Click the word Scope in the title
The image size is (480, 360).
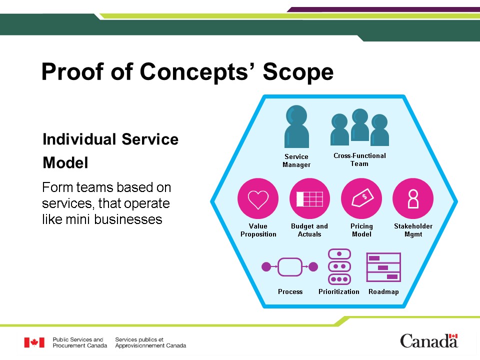pos(298,72)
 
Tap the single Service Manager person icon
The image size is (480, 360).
pos(296,126)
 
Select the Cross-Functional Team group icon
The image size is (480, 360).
pos(359,127)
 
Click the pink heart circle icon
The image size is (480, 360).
pos(258,198)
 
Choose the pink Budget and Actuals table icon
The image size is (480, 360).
pos(309,198)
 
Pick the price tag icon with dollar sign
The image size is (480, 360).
pos(361,198)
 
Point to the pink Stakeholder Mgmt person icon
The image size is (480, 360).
pos(413,198)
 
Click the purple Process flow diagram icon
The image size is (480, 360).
pos(290,267)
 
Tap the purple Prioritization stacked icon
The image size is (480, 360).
pos(339,266)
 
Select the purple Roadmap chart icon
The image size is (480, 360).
pos(383,267)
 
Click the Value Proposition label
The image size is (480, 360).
pos(258,230)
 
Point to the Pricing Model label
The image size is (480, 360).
pos(361,230)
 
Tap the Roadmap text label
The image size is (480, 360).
pos(383,291)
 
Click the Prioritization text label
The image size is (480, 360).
pos(339,291)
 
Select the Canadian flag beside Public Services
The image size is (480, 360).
pos(34,342)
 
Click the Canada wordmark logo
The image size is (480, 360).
pos(429,340)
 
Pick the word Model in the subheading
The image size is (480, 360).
pos(65,162)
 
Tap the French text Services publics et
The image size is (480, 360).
pos(139,339)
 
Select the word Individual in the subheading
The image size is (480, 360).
pos(79,139)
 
